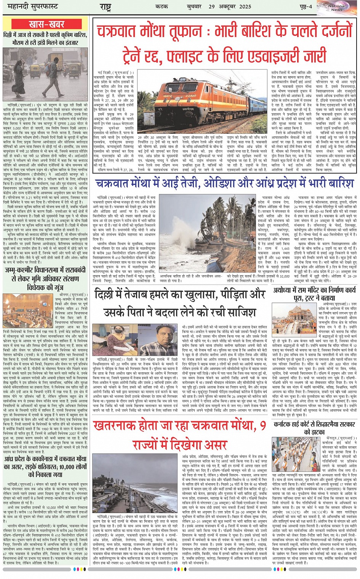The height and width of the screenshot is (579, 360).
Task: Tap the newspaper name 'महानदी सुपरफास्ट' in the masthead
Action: (x=31, y=7)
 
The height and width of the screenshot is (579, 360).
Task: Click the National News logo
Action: (x=336, y=7)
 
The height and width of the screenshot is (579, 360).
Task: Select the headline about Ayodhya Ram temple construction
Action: (x=314, y=294)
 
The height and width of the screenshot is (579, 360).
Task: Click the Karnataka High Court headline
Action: (x=314, y=428)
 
